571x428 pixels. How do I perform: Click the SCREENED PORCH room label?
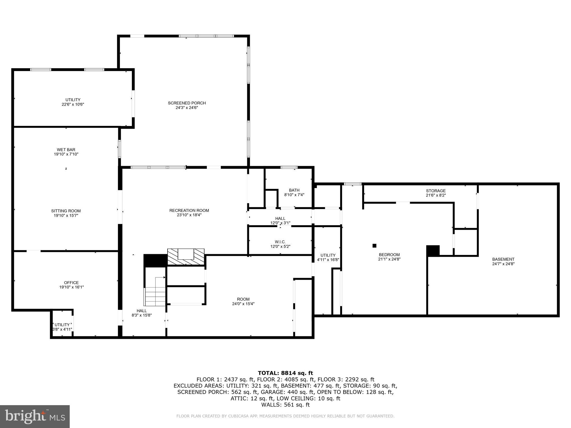(x=187, y=105)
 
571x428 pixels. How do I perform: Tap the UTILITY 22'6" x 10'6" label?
(x=73, y=102)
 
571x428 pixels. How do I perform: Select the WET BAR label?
(x=66, y=152)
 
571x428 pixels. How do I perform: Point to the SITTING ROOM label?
(x=66, y=213)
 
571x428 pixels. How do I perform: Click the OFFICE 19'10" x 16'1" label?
(x=71, y=285)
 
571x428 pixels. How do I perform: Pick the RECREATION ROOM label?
(x=189, y=213)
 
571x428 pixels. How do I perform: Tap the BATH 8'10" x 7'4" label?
(x=294, y=193)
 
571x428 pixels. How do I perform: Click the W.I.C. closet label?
(x=280, y=244)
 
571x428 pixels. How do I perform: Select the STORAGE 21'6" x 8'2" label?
(x=436, y=193)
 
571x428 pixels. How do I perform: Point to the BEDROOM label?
(x=389, y=257)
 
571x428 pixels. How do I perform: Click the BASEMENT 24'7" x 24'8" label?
(x=503, y=261)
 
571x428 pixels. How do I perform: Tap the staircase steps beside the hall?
(x=156, y=297)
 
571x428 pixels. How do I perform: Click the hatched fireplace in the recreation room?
(x=186, y=257)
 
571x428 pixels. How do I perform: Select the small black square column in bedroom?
(x=374, y=245)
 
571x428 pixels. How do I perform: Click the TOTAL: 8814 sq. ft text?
(x=285, y=373)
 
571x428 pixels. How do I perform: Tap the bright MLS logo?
(x=35, y=416)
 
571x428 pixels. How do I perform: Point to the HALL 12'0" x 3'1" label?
(x=280, y=221)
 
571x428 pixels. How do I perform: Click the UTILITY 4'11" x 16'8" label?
(x=328, y=257)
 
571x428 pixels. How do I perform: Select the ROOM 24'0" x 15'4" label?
(x=243, y=301)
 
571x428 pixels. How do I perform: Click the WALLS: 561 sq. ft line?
(x=285, y=405)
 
